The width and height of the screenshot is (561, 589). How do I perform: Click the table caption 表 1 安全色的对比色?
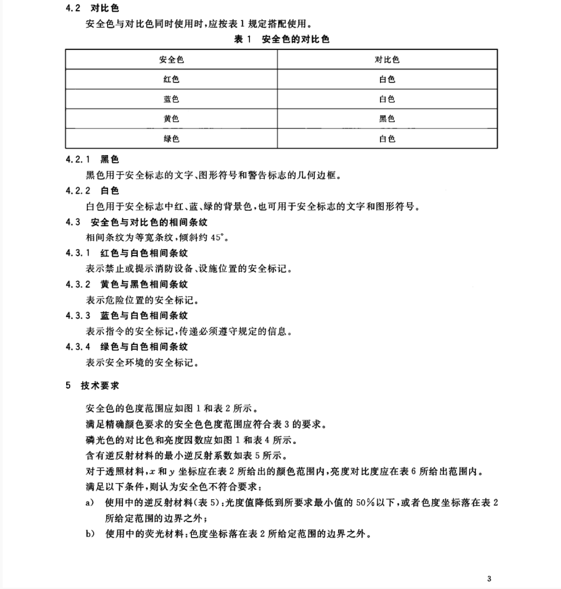281,40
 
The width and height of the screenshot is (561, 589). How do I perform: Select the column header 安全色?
171,60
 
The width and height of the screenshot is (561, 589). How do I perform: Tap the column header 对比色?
387,60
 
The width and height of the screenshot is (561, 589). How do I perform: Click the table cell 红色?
171,80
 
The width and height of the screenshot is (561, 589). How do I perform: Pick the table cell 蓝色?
171,99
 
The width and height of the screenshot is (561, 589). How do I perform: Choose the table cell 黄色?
171,119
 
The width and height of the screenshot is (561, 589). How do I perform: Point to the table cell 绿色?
171,138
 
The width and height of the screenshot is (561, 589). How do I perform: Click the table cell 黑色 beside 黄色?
387,119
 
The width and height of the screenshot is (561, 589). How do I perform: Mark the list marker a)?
90,502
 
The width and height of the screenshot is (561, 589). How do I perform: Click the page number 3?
489,578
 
